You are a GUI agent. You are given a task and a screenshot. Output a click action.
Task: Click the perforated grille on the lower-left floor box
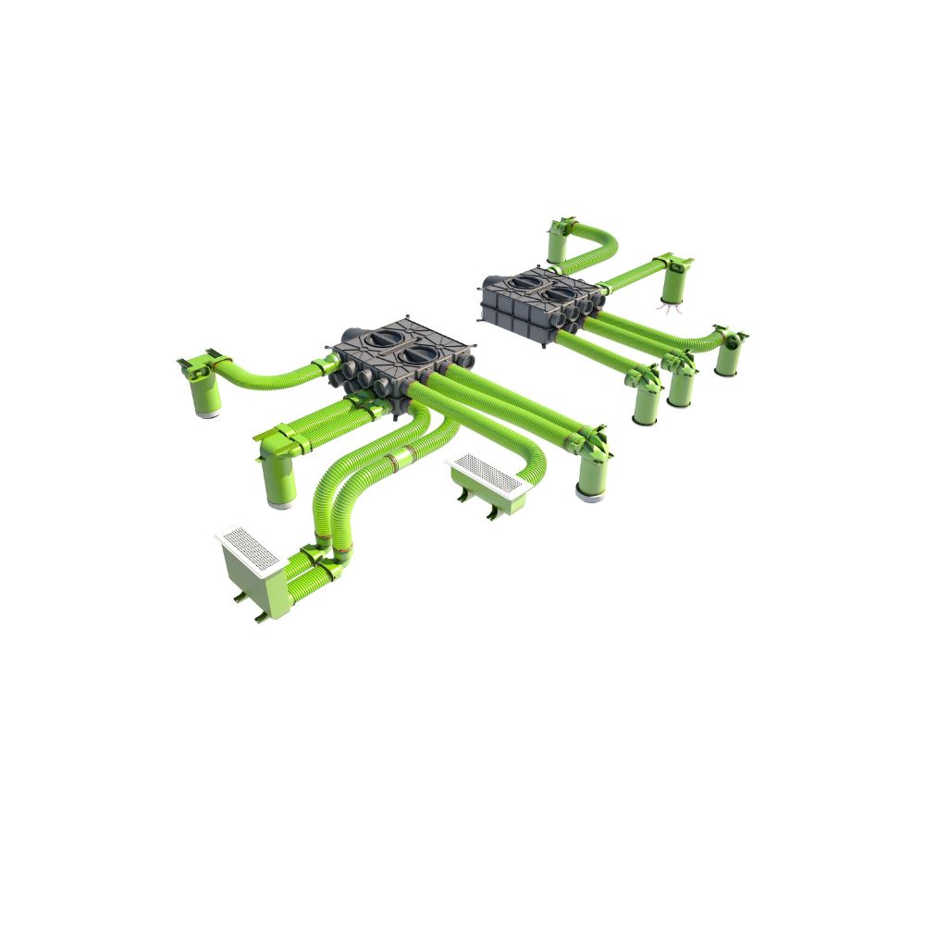[247, 549]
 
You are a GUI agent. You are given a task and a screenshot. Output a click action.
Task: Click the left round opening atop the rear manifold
[528, 281]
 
